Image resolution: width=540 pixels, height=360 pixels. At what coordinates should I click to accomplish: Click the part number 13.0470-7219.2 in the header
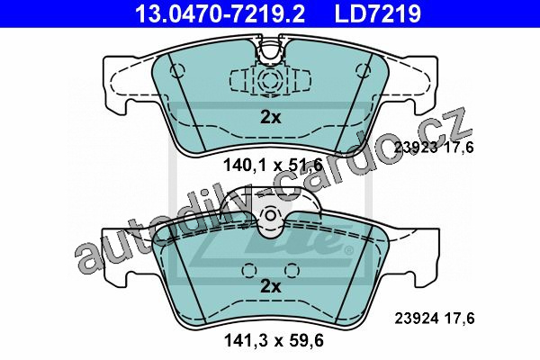(220, 13)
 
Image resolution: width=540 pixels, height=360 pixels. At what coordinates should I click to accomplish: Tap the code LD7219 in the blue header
(377, 13)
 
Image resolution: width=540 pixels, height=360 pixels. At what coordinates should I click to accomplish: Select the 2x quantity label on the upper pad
(270, 118)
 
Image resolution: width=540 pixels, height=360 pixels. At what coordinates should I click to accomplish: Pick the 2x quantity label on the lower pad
(270, 286)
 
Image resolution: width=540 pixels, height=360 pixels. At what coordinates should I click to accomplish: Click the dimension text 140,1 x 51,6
(273, 165)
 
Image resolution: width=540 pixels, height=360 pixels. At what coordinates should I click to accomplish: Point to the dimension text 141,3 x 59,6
(274, 341)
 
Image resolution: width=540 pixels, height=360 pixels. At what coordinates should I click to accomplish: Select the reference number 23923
(416, 148)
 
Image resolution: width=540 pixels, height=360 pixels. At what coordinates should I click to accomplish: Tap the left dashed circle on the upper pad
(177, 70)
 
